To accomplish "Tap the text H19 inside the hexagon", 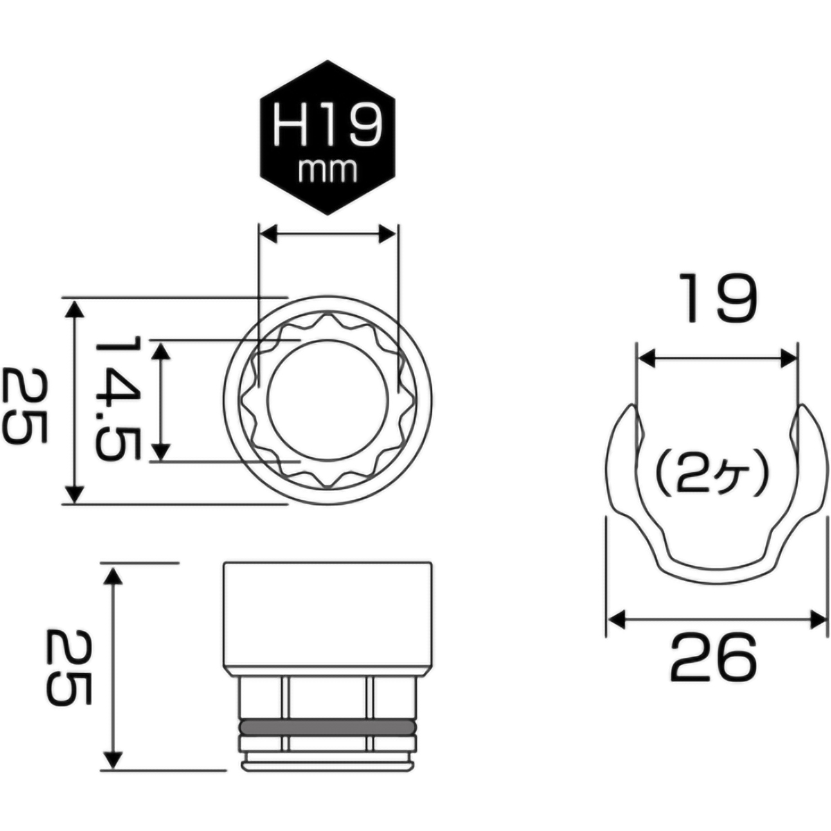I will pos(328,125).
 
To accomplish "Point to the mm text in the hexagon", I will pos(328,171).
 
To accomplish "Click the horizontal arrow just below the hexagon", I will pos(328,234).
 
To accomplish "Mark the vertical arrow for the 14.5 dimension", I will pos(160,400).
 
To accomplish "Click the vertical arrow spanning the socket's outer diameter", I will pos(74,400).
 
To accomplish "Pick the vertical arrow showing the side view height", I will pos(113,665).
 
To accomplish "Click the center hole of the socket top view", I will pos(328,400).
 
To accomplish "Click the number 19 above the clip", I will pos(717,298).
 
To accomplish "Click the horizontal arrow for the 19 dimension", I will pos(717,359).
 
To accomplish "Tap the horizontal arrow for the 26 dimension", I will pos(717,618).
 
